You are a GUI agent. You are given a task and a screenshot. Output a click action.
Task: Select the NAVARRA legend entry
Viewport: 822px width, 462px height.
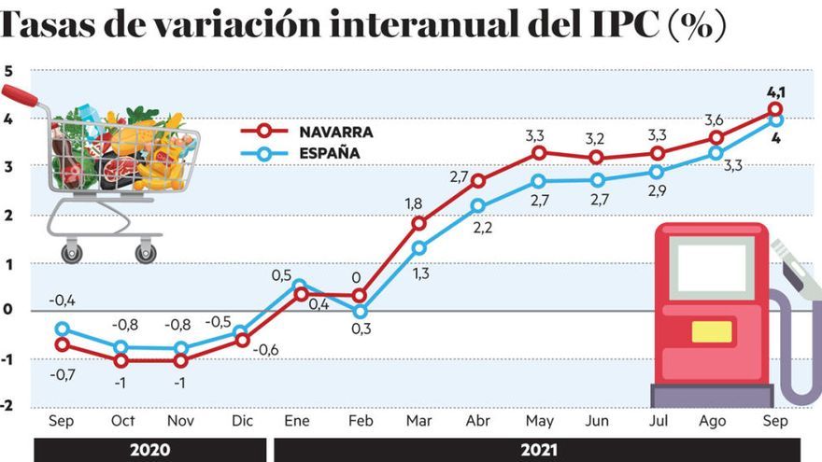pyautogui.click(x=306, y=132)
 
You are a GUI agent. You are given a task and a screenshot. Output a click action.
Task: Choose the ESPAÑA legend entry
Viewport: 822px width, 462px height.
pyautogui.click(x=301, y=153)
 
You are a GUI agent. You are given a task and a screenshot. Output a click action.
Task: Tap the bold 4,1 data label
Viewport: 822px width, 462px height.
pyautogui.click(x=776, y=92)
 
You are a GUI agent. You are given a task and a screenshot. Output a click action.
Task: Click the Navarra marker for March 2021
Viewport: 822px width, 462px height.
pyautogui.click(x=418, y=224)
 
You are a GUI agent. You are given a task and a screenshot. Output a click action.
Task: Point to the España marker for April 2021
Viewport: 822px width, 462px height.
pyautogui.click(x=477, y=206)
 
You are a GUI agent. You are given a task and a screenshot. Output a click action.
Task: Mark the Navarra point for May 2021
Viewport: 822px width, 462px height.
pyautogui.click(x=538, y=153)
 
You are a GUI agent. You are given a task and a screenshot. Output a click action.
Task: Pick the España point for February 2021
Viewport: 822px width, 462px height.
pyautogui.click(x=360, y=312)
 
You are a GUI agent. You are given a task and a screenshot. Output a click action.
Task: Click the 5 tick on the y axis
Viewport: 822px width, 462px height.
pyautogui.click(x=7, y=71)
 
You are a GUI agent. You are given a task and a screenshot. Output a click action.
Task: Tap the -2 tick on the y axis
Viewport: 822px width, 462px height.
pyautogui.click(x=7, y=405)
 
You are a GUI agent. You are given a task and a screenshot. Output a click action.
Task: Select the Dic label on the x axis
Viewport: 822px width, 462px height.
pyautogui.click(x=242, y=421)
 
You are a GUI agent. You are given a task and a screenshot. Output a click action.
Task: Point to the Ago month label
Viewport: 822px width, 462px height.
pyautogui.click(x=713, y=421)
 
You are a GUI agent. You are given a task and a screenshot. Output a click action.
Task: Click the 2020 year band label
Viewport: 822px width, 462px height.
pyautogui.click(x=150, y=450)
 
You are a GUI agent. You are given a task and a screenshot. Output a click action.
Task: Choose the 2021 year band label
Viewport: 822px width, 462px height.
pyautogui.click(x=538, y=450)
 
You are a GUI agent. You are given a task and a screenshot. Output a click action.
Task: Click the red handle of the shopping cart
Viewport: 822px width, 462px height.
pyautogui.click(x=20, y=95)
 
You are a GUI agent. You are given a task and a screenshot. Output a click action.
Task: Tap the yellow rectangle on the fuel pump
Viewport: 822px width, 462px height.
pyautogui.click(x=712, y=331)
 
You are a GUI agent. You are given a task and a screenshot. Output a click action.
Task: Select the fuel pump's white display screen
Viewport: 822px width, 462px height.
pyautogui.click(x=712, y=268)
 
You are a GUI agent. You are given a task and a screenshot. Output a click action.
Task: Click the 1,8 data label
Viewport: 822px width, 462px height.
pyautogui.click(x=414, y=203)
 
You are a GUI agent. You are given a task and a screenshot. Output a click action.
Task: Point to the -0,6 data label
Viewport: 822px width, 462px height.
pyautogui.click(x=265, y=350)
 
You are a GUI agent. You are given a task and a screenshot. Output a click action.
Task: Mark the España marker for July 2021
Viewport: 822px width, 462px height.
pyautogui.click(x=657, y=172)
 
